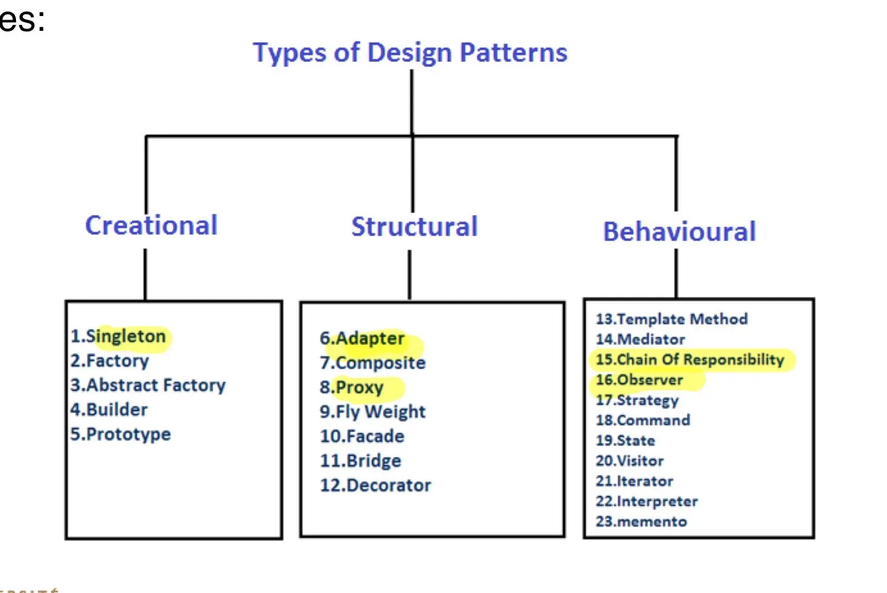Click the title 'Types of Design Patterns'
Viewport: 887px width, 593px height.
point(410,52)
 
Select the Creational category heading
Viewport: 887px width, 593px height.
point(151,225)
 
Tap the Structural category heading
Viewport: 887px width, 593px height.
point(414,227)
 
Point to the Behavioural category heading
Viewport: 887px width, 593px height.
point(679,231)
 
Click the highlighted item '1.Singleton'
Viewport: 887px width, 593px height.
point(119,336)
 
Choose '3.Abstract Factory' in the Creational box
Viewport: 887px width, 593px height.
point(148,385)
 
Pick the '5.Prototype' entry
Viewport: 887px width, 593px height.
point(120,434)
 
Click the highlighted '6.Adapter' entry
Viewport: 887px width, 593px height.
point(362,339)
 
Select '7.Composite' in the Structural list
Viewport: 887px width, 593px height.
point(372,363)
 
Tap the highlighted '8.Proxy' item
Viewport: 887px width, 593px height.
point(352,388)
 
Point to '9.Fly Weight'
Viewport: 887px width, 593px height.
point(372,412)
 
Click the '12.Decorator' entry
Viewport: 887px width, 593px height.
point(375,485)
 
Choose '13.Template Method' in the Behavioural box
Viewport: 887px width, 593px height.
point(671,319)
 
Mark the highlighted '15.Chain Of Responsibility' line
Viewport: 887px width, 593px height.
point(690,359)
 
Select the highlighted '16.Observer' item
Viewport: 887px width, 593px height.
point(639,380)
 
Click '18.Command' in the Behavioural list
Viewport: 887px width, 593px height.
point(643,420)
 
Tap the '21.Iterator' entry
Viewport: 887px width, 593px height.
point(634,481)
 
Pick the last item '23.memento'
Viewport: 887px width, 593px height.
point(641,522)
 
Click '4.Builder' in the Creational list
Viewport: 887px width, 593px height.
point(109,410)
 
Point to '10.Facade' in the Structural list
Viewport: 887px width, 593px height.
point(362,436)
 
